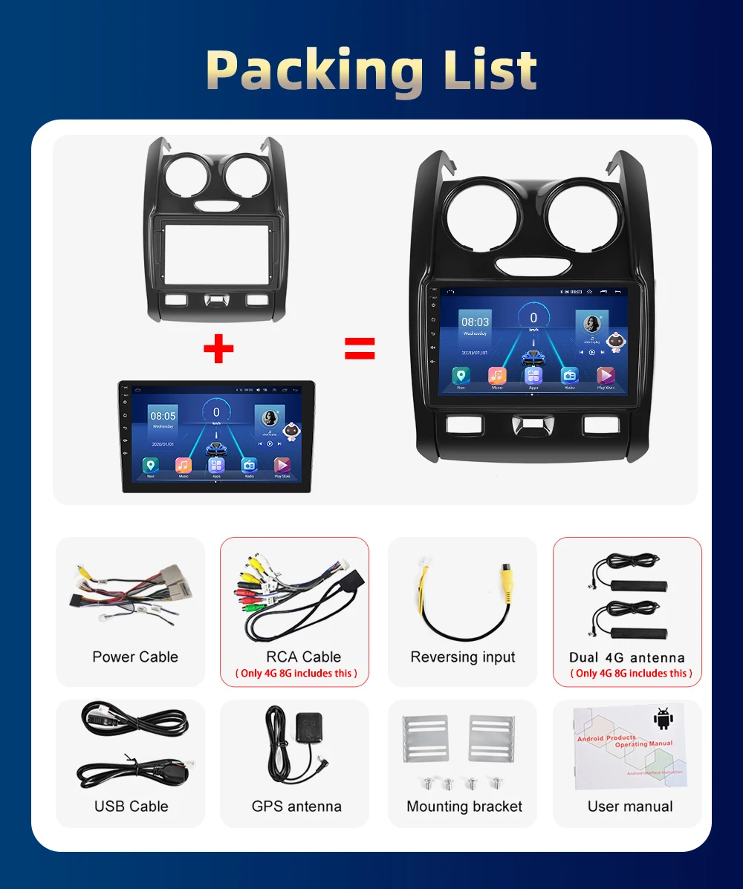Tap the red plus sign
[x=218, y=349]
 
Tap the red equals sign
[x=360, y=348]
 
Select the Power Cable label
[x=135, y=657]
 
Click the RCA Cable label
[x=303, y=657]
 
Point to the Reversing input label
[x=463, y=657]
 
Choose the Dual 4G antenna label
[x=626, y=657]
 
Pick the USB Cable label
[x=132, y=806]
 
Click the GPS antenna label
[x=296, y=806]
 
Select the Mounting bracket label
[x=464, y=806]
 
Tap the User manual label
[x=630, y=806]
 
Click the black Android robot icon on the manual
[x=662, y=718]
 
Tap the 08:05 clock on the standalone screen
[x=163, y=416]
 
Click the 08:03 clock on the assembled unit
[x=475, y=322]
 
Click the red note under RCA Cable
[x=296, y=673]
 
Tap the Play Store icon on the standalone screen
[x=282, y=466]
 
